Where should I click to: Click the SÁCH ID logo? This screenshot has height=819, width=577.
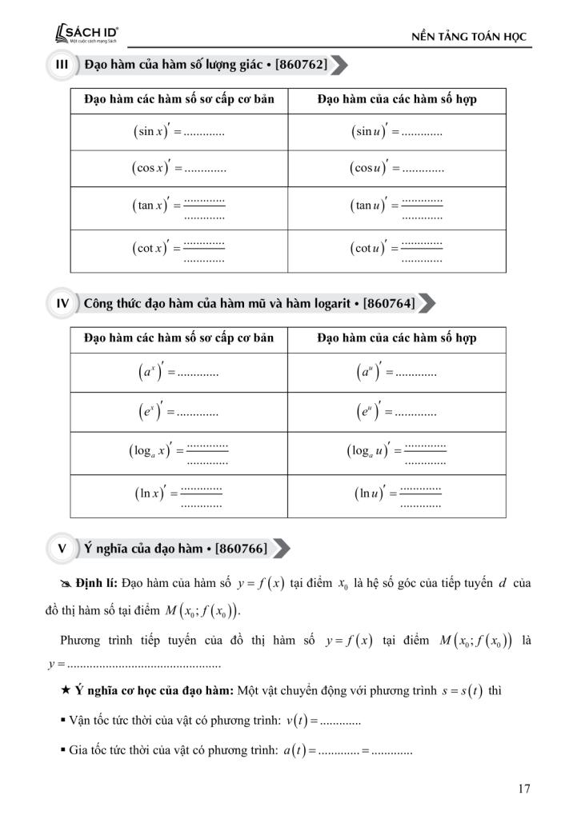[x=85, y=34]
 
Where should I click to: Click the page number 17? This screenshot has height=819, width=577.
[x=524, y=789]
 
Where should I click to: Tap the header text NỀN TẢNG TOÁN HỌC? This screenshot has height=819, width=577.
[x=469, y=38]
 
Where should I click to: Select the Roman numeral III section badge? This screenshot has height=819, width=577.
[x=60, y=65]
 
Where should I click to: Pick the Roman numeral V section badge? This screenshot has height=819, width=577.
[x=61, y=549]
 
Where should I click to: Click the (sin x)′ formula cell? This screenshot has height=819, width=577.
[x=178, y=131]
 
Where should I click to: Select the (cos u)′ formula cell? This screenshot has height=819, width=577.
[x=396, y=169]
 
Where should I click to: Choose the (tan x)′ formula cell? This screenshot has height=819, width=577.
[x=178, y=206]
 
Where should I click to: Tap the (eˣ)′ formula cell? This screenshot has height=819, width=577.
[x=178, y=413]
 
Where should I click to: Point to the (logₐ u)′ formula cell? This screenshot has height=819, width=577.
[x=396, y=453]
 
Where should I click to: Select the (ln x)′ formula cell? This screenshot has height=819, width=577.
[x=178, y=495]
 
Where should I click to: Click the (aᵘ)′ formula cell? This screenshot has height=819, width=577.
[x=396, y=373]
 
